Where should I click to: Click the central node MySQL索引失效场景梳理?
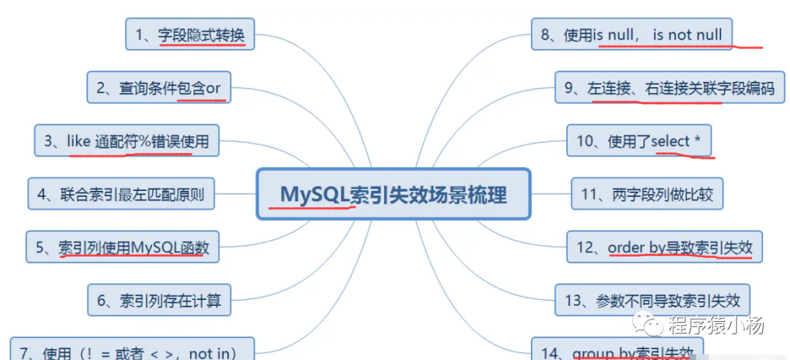tap(393, 195)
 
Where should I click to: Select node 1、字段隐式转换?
tap(190, 34)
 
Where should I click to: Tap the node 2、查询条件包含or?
tap(159, 88)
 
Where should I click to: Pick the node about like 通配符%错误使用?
tap(127, 140)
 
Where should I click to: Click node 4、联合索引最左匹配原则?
tap(121, 195)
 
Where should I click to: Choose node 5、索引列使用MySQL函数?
tap(122, 247)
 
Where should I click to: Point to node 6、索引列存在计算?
tap(159, 300)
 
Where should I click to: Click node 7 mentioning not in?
tap(132, 353)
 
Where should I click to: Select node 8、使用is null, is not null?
tap(632, 34)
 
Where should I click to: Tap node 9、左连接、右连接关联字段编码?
tap(669, 88)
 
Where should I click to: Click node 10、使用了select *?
tap(639, 140)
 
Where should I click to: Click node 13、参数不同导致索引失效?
tap(652, 300)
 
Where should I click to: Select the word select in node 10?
tap(670, 140)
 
